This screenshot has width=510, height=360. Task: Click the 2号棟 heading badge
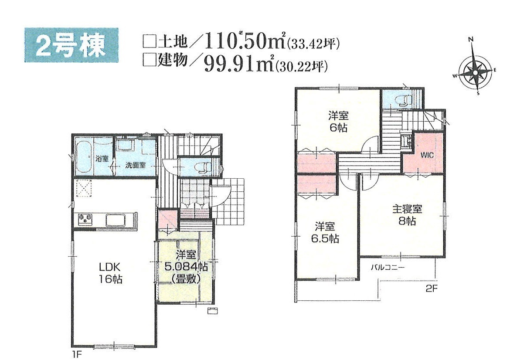71,45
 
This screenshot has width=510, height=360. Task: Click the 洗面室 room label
136,165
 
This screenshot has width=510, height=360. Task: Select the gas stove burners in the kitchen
85,218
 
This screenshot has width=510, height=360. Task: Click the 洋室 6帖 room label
338,122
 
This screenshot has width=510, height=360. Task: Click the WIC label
427,155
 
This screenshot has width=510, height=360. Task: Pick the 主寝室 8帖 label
407,215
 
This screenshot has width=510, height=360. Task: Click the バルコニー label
388,268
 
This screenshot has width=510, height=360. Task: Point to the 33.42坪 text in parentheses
313,43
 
